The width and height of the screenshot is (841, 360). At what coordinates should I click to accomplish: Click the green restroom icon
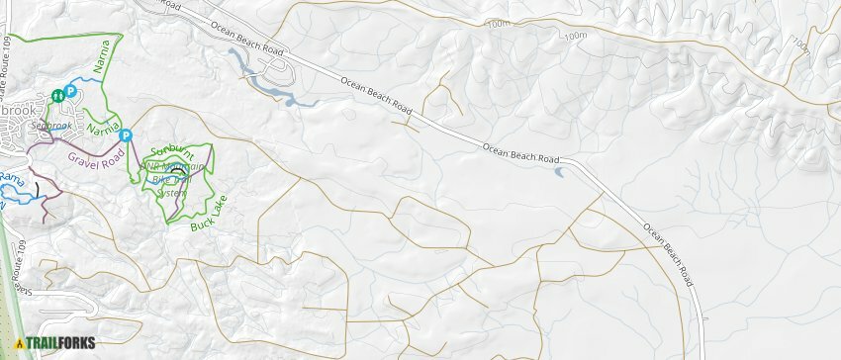point(58,95)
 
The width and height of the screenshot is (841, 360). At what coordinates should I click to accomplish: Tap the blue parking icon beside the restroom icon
point(71,92)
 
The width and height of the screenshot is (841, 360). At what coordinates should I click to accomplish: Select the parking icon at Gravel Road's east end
point(127,135)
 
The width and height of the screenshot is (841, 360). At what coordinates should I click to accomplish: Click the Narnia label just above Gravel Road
point(102,127)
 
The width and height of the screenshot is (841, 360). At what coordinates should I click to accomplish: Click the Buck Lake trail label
point(208,215)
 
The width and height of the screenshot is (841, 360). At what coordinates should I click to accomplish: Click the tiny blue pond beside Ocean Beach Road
point(561,173)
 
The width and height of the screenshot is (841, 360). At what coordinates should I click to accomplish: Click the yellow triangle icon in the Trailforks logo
point(18,344)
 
